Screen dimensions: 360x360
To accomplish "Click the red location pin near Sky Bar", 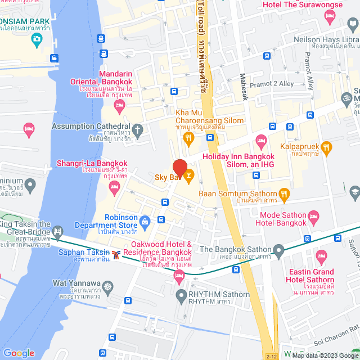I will click(179, 168).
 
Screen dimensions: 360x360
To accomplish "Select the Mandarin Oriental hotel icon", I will click(119, 105).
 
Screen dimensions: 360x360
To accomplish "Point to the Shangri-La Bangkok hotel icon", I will click(115, 186).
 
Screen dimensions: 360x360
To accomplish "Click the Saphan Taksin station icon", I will click(116, 255).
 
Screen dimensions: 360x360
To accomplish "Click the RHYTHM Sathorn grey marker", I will click(181, 295).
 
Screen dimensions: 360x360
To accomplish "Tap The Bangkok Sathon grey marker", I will click(278, 249).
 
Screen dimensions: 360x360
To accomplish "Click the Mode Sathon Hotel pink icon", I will click(314, 216).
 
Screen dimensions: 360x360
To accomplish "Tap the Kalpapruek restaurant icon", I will click(327, 147).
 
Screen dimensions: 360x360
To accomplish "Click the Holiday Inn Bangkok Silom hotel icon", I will click(260, 140).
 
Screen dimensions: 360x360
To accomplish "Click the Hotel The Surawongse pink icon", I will click(330, 17).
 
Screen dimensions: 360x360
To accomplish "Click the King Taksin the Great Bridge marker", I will click(57, 231).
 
